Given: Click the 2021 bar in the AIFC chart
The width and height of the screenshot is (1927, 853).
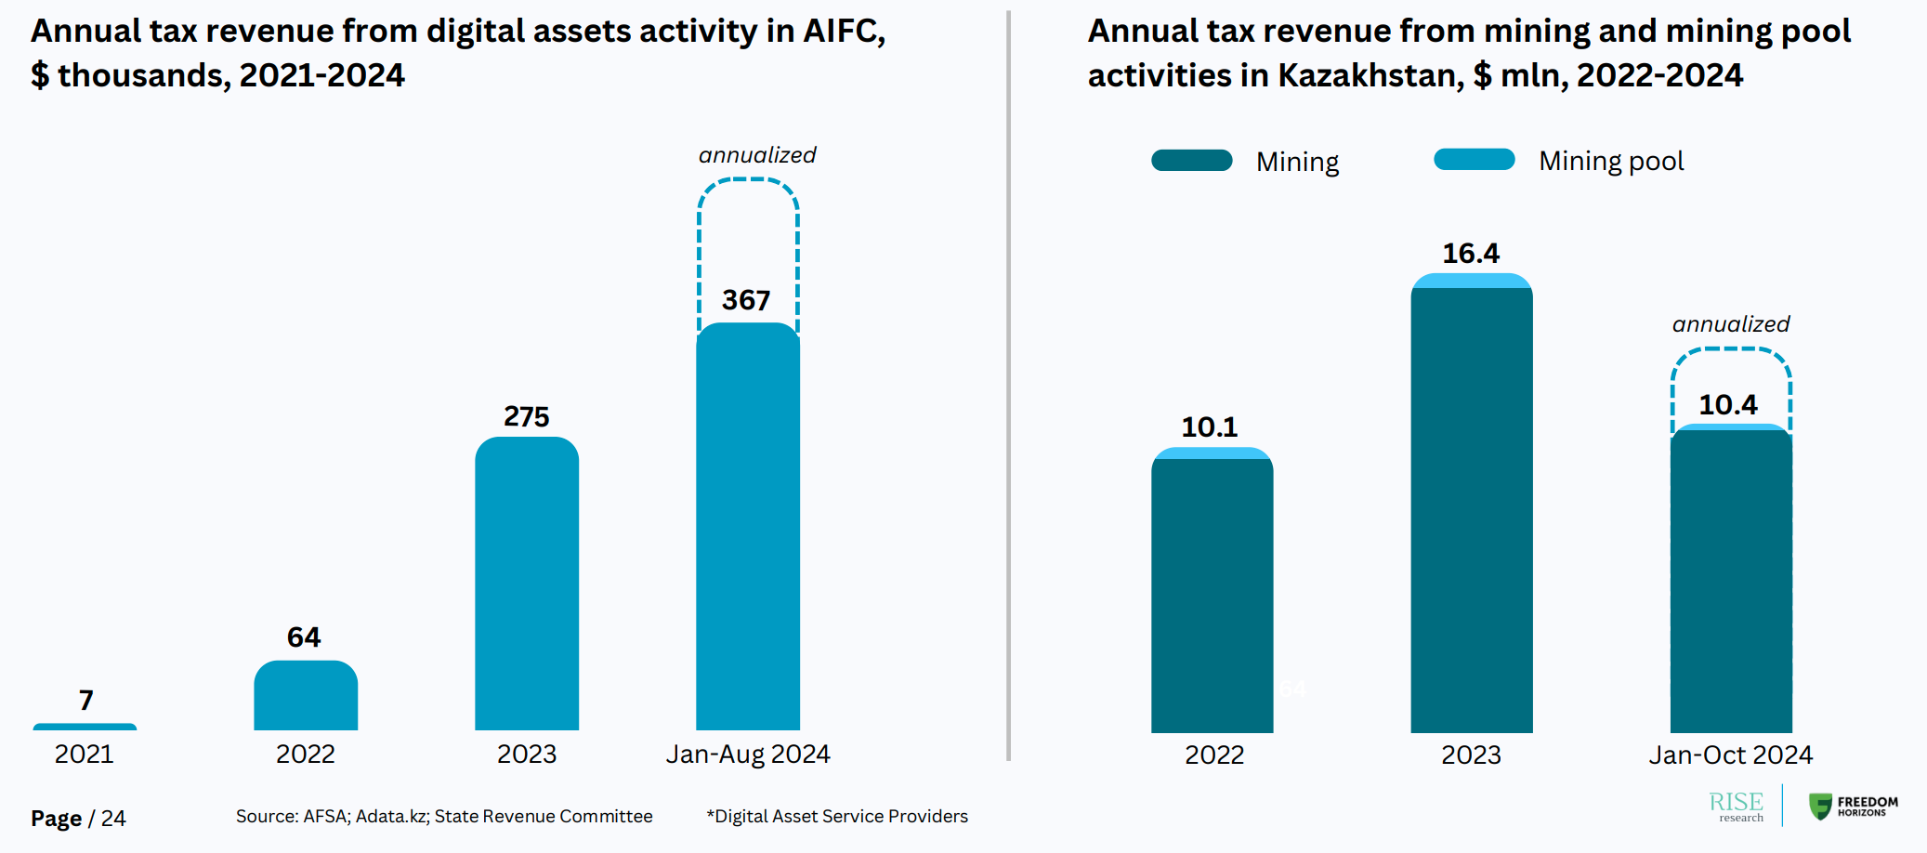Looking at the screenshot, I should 85,727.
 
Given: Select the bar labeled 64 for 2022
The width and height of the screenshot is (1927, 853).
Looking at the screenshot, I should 306,697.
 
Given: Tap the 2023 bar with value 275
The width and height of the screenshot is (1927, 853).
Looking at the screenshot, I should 527,585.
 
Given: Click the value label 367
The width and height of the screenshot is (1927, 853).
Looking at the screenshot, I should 746,300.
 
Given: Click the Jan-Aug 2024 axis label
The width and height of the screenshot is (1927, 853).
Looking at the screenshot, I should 748,755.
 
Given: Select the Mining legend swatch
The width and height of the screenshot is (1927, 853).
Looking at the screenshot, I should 1191,161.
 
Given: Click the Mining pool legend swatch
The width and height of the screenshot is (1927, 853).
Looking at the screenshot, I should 1475,160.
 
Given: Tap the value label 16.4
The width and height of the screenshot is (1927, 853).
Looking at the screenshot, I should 1471,254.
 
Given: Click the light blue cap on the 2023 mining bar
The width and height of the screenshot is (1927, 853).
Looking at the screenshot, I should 1472,281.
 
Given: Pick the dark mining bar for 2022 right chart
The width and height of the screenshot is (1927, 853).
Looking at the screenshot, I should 1213,595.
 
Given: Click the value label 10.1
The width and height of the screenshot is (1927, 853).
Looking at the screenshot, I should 1210,427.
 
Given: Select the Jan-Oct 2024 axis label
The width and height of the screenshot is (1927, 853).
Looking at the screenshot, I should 1731,755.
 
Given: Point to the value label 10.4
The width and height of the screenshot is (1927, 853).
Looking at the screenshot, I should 1728,405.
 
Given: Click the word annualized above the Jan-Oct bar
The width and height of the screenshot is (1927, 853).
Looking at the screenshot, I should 1731,324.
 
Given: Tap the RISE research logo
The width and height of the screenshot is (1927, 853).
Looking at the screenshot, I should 1737,806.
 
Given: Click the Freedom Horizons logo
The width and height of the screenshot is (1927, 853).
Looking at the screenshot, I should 1854,806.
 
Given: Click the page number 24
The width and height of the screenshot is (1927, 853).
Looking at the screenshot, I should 113,819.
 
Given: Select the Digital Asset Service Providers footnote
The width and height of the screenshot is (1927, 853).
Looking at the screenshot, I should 837,817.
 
